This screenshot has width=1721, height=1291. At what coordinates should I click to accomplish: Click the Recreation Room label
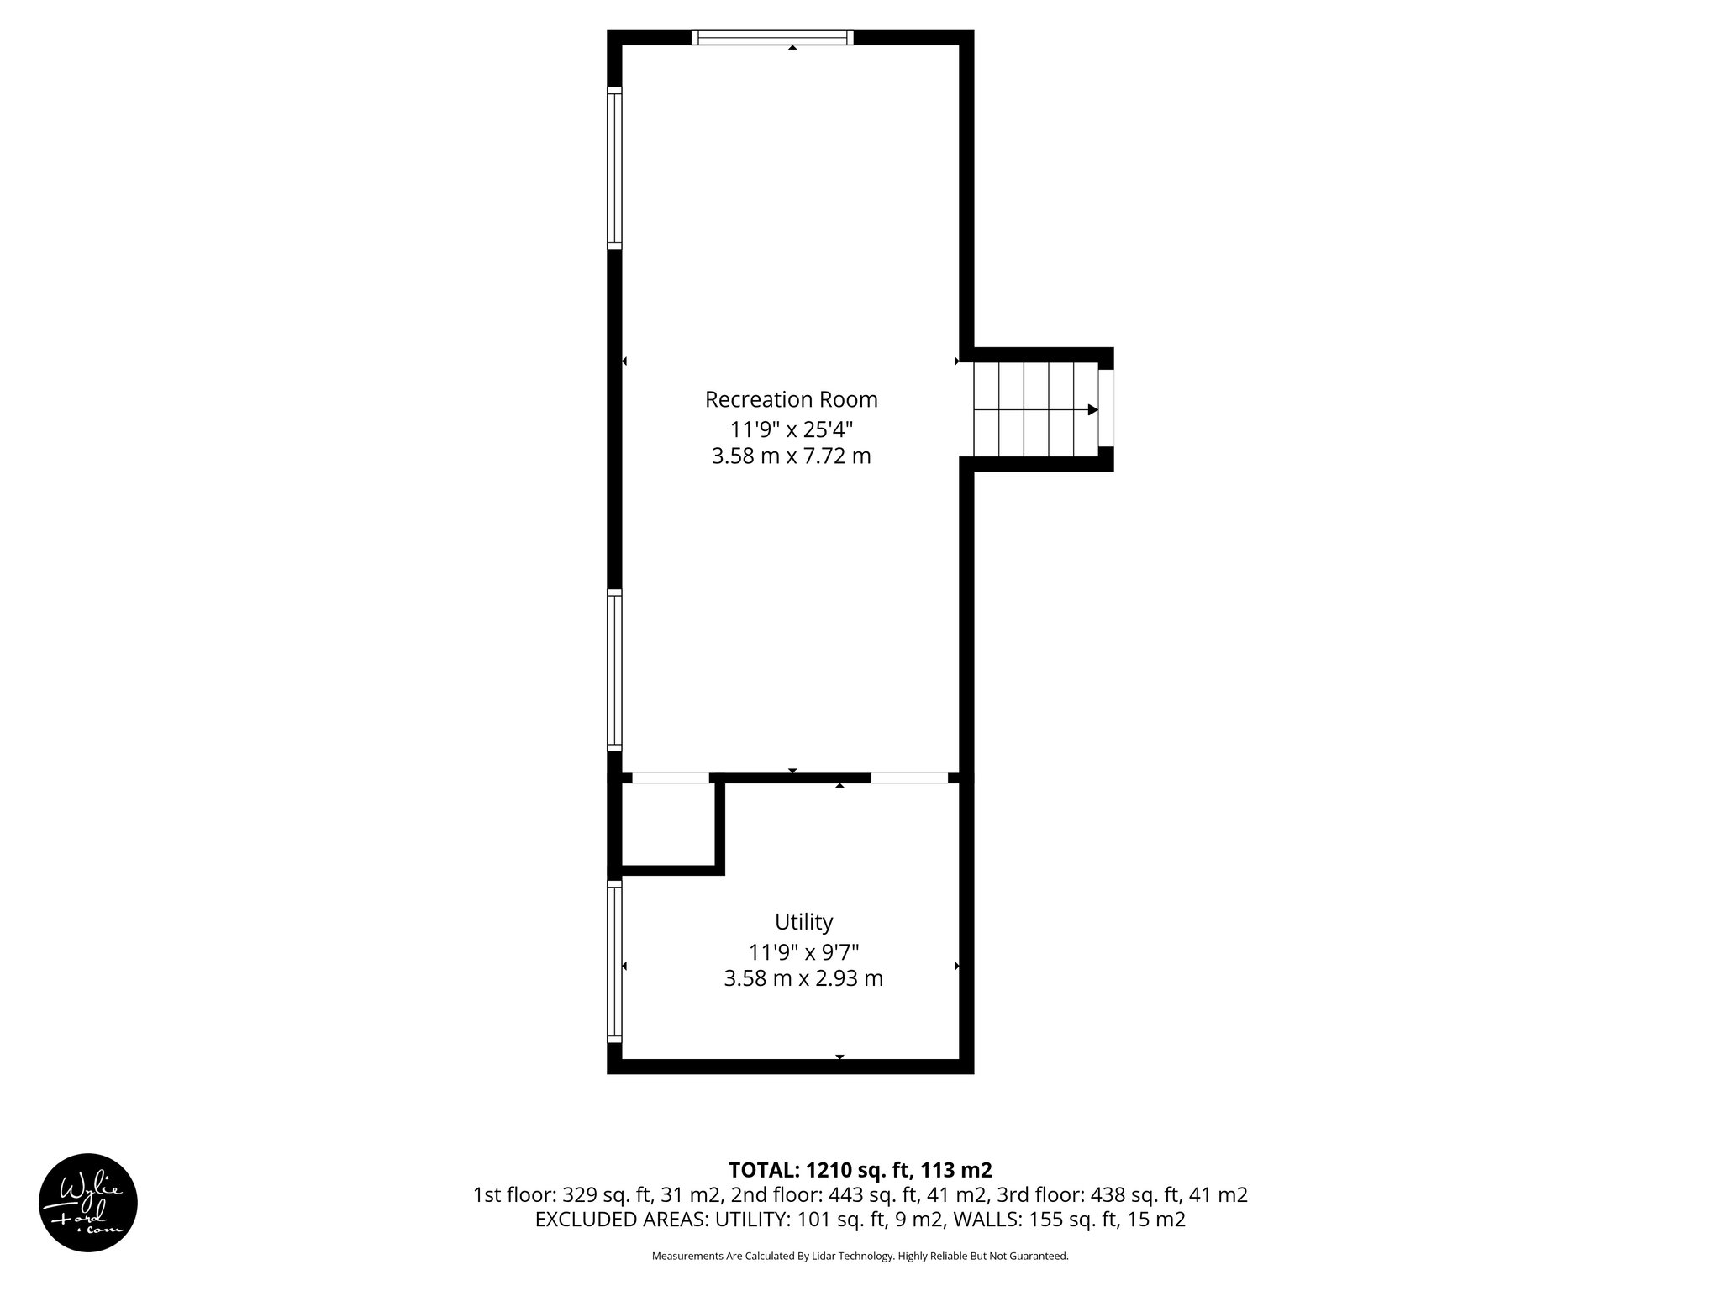tap(791, 399)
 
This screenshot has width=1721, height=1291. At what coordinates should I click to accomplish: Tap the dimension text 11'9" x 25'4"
tap(791, 429)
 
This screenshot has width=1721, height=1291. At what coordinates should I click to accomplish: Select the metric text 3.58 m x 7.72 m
tap(791, 456)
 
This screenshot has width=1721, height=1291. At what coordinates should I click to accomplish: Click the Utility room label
tap(803, 922)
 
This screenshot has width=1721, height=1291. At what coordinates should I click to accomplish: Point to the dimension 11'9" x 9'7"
tap(803, 952)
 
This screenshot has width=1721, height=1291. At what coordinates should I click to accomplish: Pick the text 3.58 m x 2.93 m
tap(803, 979)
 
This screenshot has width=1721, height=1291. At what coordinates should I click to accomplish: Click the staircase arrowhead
tap(1092, 410)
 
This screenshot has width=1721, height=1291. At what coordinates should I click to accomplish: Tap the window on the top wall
tap(772, 37)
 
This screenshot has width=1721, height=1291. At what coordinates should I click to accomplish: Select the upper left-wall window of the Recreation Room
tap(614, 168)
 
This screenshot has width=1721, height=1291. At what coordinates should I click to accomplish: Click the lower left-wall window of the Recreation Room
tap(614, 670)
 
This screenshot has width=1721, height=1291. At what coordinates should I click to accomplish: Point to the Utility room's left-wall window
tap(614, 961)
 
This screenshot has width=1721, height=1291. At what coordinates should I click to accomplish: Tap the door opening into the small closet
tap(670, 778)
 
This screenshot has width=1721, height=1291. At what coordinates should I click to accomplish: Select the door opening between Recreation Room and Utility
tap(909, 778)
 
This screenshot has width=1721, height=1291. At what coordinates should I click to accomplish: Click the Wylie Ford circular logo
tap(88, 1203)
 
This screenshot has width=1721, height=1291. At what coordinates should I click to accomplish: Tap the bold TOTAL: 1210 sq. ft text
tap(860, 1170)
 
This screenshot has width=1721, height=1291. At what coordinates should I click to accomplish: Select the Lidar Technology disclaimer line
tap(860, 1257)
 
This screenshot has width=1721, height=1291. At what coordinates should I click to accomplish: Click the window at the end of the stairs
tap(1107, 408)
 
